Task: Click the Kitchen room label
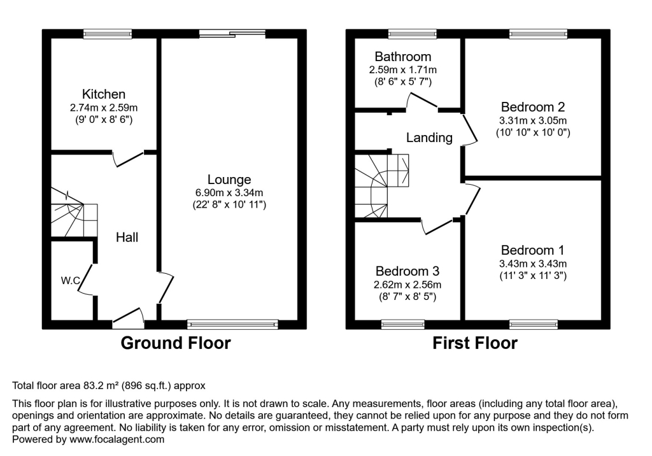click(103, 94)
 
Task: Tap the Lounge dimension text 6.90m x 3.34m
click(229, 192)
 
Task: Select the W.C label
click(70, 280)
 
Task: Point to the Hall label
click(127, 238)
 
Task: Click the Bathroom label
click(402, 57)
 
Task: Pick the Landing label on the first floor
click(430, 138)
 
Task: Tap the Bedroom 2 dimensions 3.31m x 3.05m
click(533, 120)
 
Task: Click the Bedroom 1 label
click(532, 250)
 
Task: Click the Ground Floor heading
click(176, 343)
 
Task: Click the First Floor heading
click(475, 343)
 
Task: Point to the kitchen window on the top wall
click(107, 33)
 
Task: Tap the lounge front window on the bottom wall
click(233, 324)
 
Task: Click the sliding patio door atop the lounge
click(232, 32)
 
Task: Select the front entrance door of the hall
click(128, 317)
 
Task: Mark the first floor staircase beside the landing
click(380, 184)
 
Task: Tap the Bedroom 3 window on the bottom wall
click(402, 324)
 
